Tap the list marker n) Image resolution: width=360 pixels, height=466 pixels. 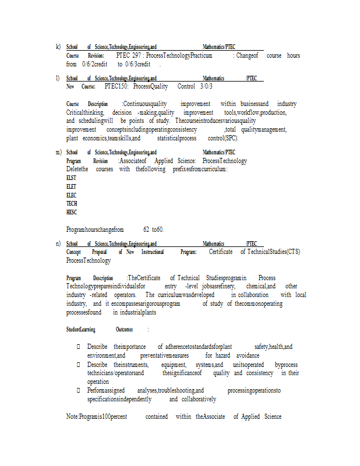pyautogui.click(x=58, y=243)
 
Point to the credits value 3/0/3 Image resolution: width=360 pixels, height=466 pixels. pyautogui.click(x=206, y=86)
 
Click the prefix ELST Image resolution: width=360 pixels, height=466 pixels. pyautogui.click(x=72, y=178)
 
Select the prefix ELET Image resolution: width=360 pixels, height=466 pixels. pyautogui.click(x=72, y=186)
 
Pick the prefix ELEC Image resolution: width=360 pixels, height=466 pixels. pyautogui.click(x=72, y=195)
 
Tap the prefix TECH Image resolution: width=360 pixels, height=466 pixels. pyautogui.click(x=72, y=204)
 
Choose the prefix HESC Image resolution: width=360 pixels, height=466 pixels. pyautogui.click(x=72, y=213)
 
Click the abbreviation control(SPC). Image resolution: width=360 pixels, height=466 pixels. pyautogui.click(x=223, y=139)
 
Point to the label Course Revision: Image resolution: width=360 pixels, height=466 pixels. pyautogui.click(x=85, y=55)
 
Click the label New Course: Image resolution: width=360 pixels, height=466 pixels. pyautogui.click(x=81, y=86)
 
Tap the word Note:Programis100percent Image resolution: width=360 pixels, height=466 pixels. pyautogui.click(x=97, y=416)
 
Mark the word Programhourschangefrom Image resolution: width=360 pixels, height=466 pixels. pyautogui.click(x=95, y=230)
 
